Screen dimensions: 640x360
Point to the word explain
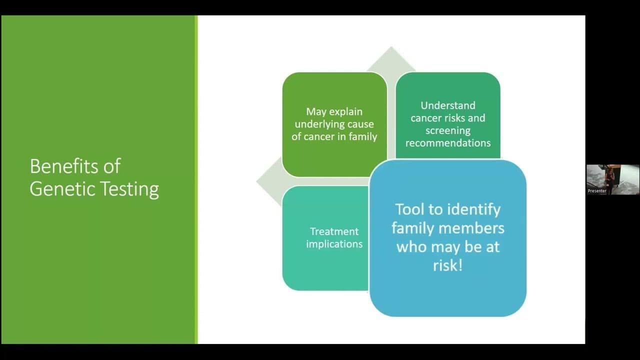coord(345,111)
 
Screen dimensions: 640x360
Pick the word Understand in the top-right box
coord(448,105)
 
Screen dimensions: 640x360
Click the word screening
coord(448,131)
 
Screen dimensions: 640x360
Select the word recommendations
coord(448,143)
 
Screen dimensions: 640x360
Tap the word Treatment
coord(334,231)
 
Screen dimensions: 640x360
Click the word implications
coord(334,244)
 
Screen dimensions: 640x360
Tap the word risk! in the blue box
coord(447,265)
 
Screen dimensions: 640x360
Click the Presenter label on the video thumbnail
coord(597,191)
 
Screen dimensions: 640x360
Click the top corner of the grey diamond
coord(391,46)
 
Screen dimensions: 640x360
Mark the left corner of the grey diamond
coord(256,181)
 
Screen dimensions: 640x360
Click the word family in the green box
coord(363,137)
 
